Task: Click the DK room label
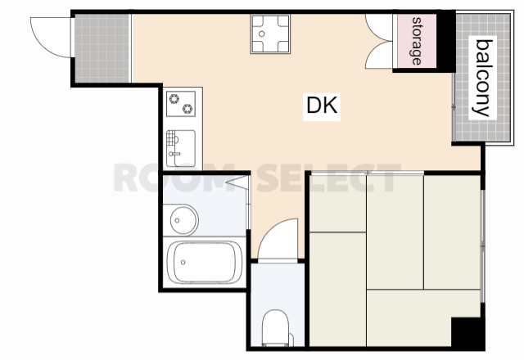click(x=322, y=105)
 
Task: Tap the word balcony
click(x=482, y=78)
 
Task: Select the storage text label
click(x=416, y=41)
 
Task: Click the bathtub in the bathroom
click(x=205, y=263)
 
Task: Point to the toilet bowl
click(x=275, y=327)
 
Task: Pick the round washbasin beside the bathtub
click(x=183, y=220)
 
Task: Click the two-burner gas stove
click(x=181, y=104)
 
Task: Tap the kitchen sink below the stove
click(x=181, y=148)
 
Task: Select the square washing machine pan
click(x=270, y=34)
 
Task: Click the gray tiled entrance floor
click(x=102, y=48)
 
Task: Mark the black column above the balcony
click(x=446, y=41)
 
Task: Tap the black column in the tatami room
click(x=468, y=333)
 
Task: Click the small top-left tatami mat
click(x=338, y=203)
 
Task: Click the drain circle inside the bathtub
click(x=183, y=263)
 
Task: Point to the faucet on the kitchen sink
click(x=174, y=154)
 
